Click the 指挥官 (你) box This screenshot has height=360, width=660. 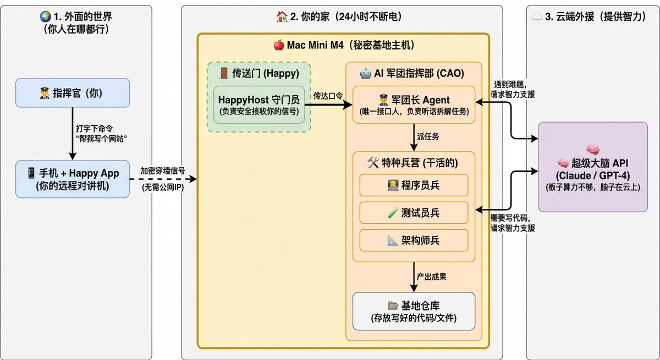[x=72, y=93]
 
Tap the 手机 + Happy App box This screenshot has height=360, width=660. [x=72, y=179]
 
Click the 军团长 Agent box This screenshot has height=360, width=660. [x=414, y=105]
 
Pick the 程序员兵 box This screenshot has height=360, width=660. [x=414, y=185]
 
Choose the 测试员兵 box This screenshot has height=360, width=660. [x=414, y=213]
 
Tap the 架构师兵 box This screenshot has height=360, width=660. [x=414, y=240]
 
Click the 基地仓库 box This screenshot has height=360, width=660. [x=414, y=311]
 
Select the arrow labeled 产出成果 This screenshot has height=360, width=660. [x=413, y=277]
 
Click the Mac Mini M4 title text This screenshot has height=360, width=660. [x=343, y=45]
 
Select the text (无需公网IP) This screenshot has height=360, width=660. [x=163, y=187]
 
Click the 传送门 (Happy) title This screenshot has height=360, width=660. [x=258, y=73]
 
